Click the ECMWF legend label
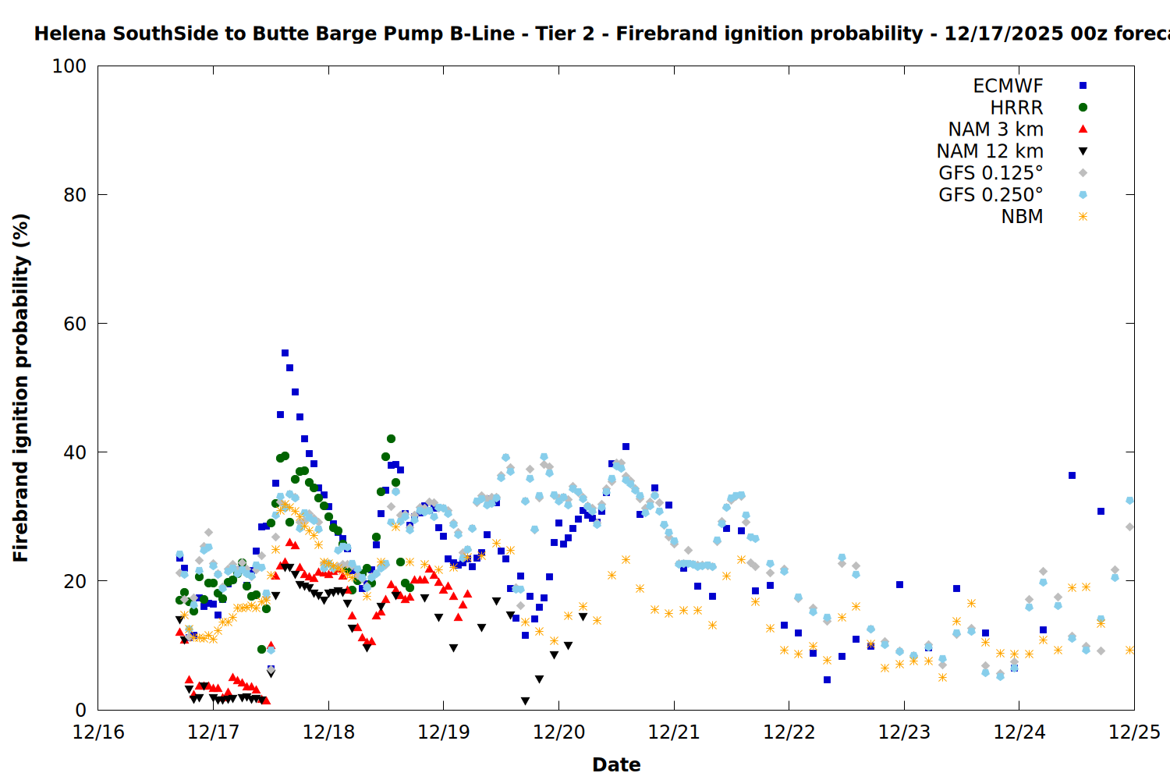click(1008, 86)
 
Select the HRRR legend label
click(1016, 108)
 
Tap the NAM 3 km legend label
click(995, 129)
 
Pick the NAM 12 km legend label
click(990, 151)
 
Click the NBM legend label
click(1022, 217)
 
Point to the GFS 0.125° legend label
click(991, 173)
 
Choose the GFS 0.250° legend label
click(991, 195)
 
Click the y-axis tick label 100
click(69, 66)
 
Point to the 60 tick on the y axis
click(75, 324)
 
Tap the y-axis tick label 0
click(81, 710)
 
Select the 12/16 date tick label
click(98, 732)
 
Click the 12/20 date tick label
click(558, 732)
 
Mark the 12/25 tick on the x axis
click(1134, 732)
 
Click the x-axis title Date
click(616, 765)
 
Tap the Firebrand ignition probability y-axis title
click(21, 388)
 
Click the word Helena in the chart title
click(70, 34)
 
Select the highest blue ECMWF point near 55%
click(285, 353)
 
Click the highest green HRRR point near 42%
click(391, 439)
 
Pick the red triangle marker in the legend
click(1083, 129)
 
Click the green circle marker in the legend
click(1083, 108)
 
